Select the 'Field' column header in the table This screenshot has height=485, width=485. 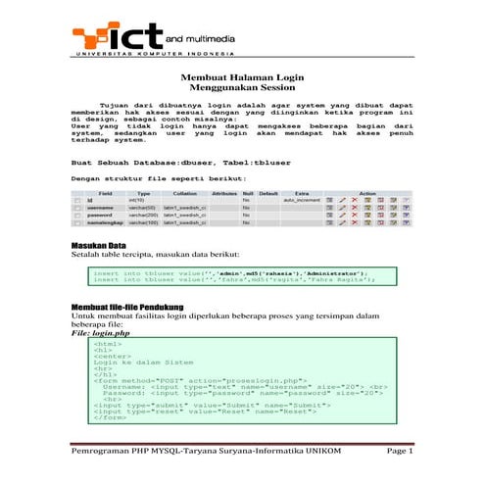pos(105,193)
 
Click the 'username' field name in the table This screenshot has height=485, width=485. pos(100,208)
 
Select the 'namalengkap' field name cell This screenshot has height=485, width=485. pos(106,223)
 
